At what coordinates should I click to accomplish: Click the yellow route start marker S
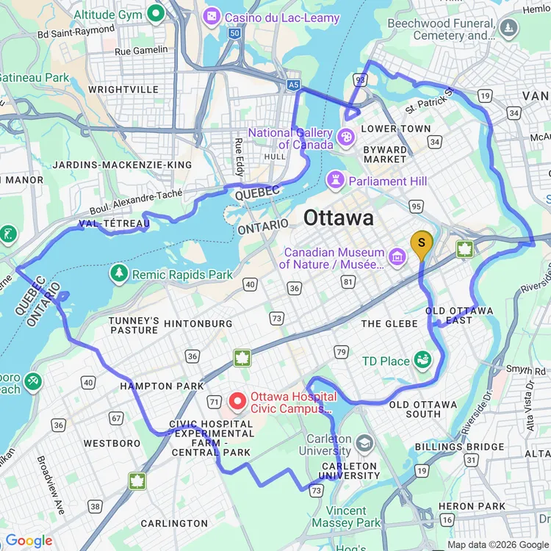point(421,244)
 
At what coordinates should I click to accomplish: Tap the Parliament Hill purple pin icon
point(336,180)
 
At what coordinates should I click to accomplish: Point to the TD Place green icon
point(422,361)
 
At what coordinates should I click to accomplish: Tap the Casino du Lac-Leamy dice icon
point(212,15)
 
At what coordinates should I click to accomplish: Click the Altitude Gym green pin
point(155,12)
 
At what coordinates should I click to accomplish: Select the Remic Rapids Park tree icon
point(119,273)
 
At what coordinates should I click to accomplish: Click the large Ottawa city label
point(338,218)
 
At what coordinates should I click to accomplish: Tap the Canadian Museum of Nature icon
point(397,256)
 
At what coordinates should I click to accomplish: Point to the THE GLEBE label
point(389,323)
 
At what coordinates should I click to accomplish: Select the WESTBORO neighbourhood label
point(112,444)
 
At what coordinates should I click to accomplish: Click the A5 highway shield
point(294,86)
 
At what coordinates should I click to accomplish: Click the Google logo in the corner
point(29,541)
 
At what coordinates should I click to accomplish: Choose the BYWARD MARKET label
point(385,154)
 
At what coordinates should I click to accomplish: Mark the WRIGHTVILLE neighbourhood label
point(123,90)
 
